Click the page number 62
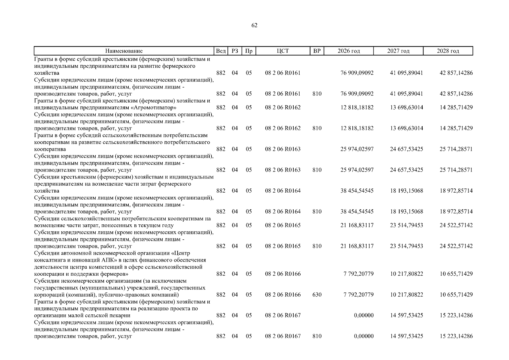(x=254, y=25)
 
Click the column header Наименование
(x=124, y=51)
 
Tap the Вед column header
(x=221, y=51)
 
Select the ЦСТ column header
(x=283, y=51)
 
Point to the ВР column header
(x=317, y=51)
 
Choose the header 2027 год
(x=398, y=51)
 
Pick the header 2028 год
(x=448, y=51)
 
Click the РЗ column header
(x=235, y=51)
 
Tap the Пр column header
(x=249, y=51)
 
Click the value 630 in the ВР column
(x=317, y=295)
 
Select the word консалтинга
(x=48, y=260)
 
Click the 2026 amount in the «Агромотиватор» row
(x=357, y=107)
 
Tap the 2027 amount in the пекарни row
(x=406, y=315)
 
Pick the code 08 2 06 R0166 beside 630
(x=283, y=295)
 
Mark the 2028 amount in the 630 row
(x=456, y=295)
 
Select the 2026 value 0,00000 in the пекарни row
(x=364, y=315)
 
